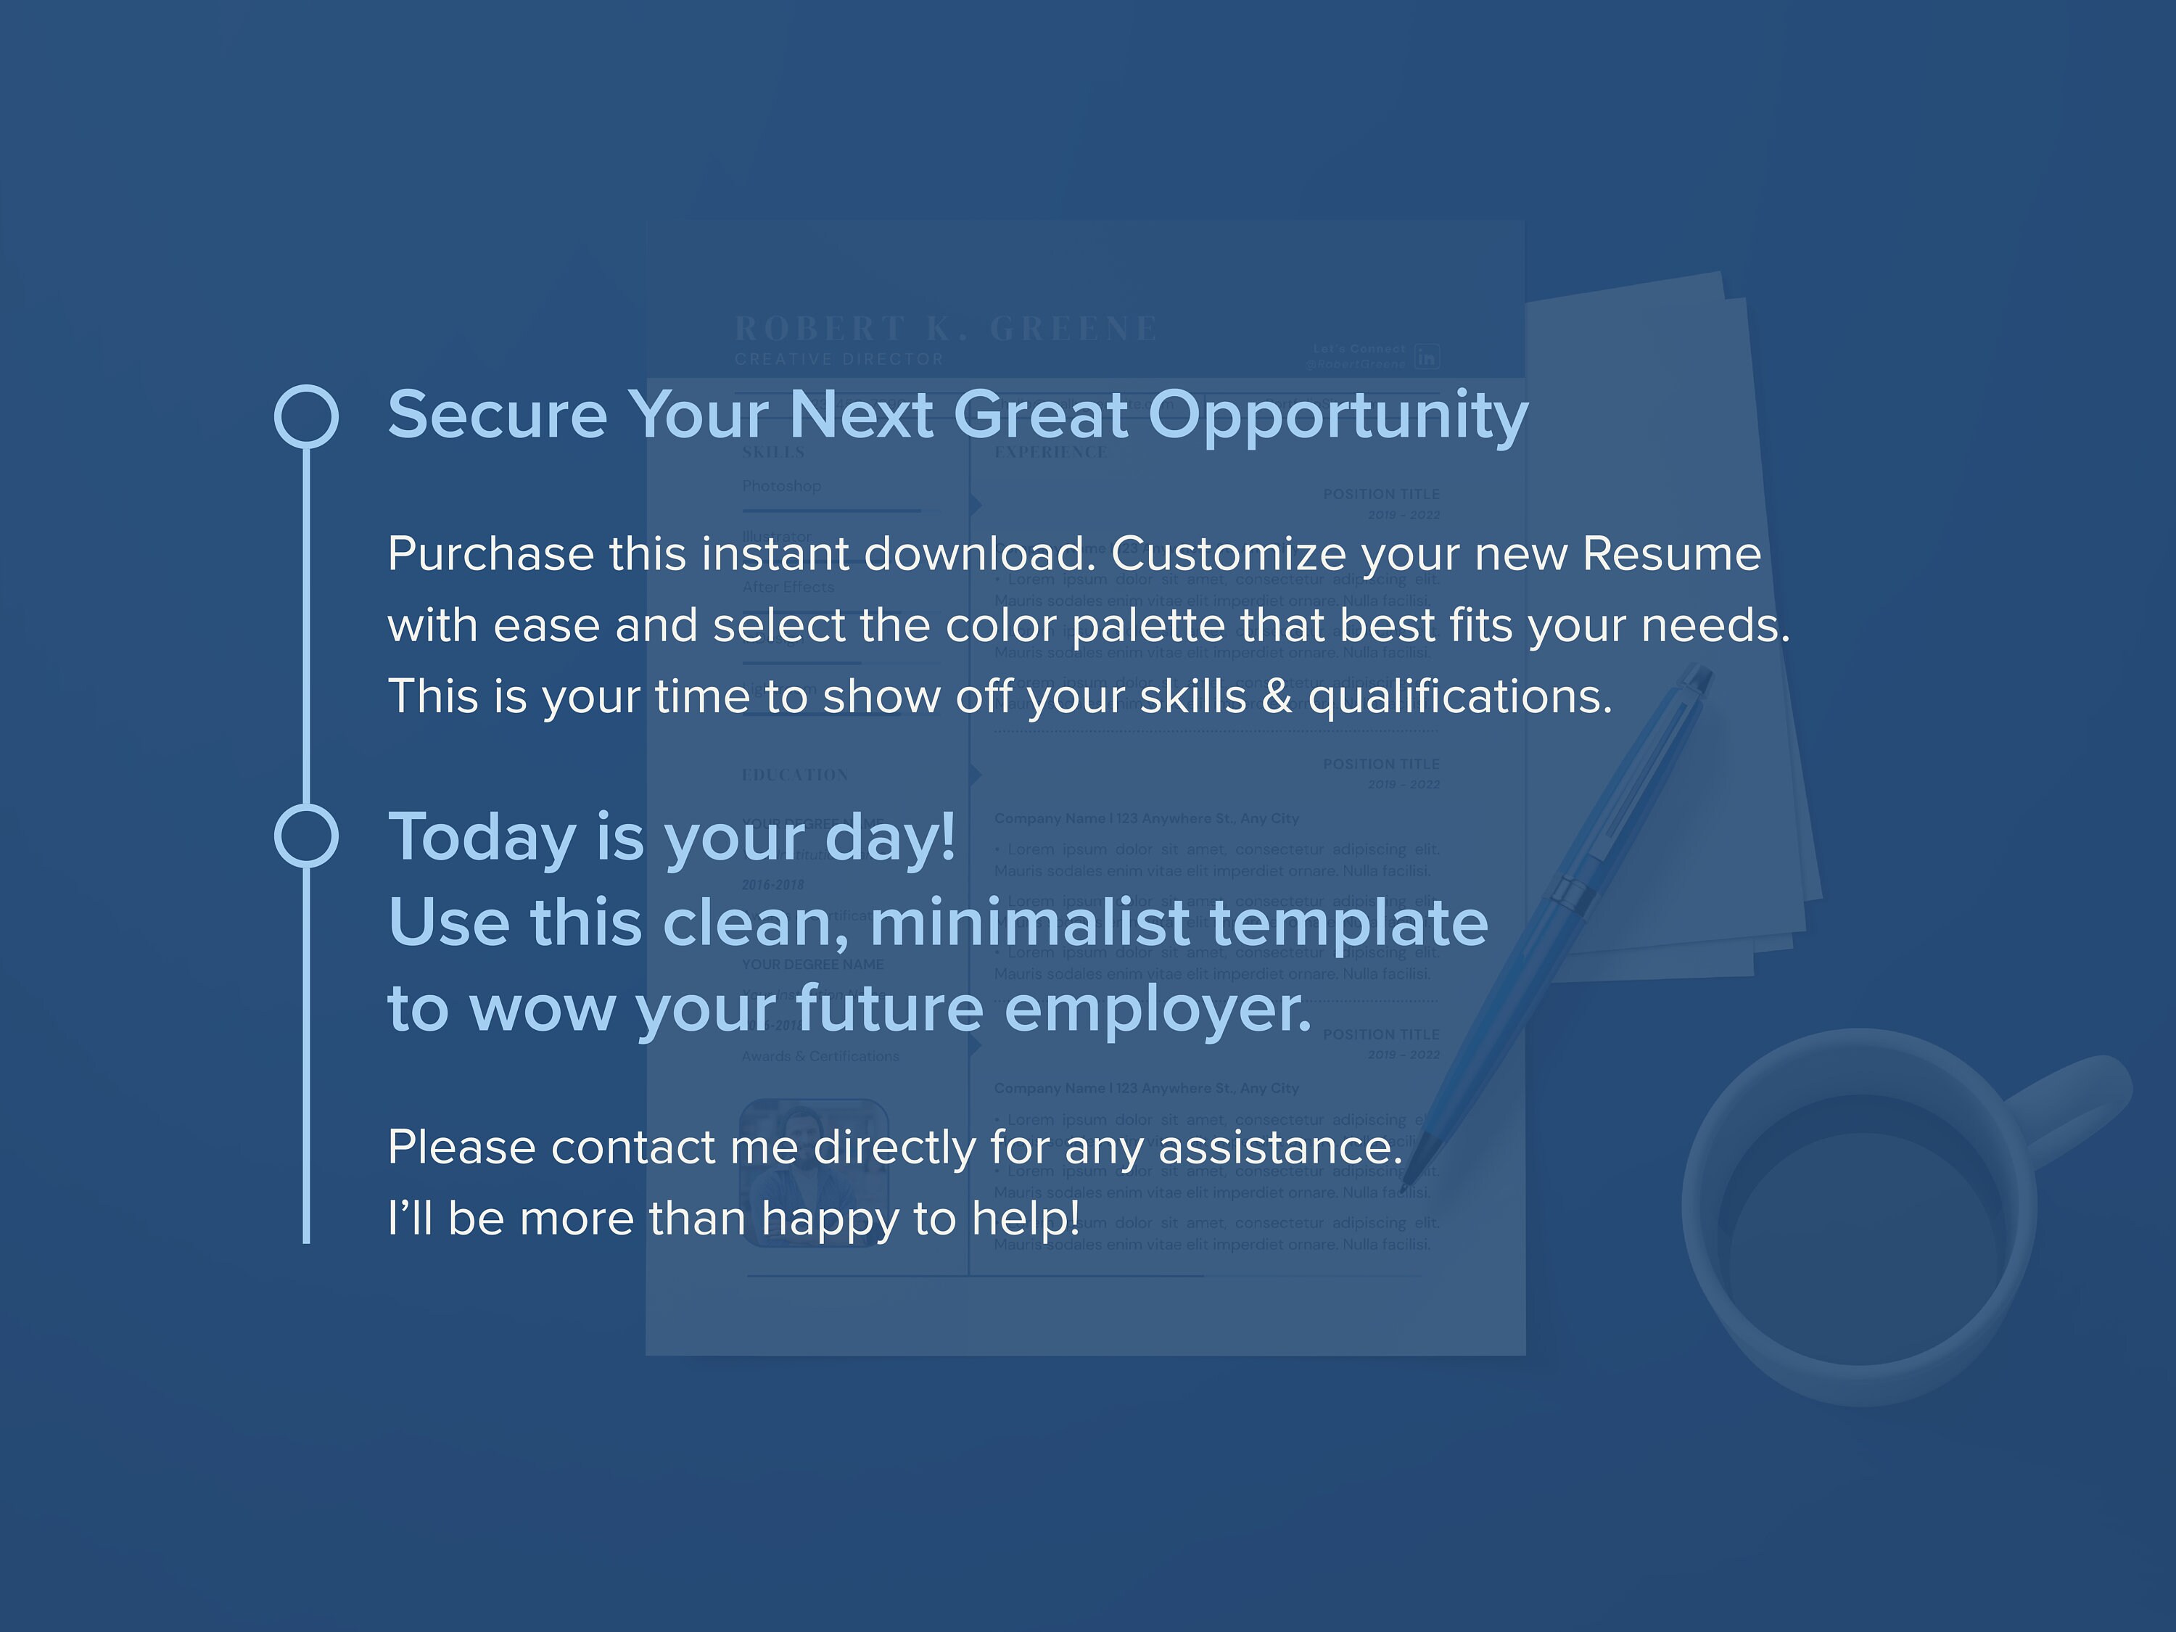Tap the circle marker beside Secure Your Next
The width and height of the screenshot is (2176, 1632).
coord(306,416)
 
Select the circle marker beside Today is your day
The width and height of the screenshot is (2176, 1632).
coord(306,836)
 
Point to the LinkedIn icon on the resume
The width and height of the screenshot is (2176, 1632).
coord(1427,356)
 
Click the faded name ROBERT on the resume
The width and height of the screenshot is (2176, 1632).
coord(820,329)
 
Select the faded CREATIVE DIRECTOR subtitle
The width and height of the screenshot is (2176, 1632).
coord(839,360)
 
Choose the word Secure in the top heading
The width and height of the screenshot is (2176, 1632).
coord(498,415)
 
